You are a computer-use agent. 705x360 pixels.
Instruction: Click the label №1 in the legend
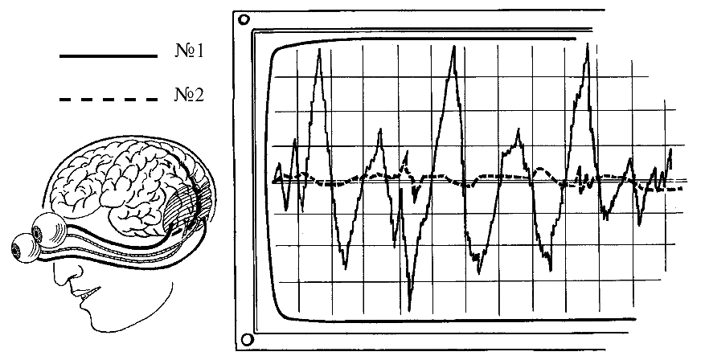coord(190,51)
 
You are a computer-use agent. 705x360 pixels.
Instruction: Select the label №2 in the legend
coord(190,96)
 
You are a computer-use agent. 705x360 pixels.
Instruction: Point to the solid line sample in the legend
coord(109,56)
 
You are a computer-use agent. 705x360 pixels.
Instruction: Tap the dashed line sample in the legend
coord(109,100)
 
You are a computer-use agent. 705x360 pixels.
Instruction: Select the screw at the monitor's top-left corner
coord(244,18)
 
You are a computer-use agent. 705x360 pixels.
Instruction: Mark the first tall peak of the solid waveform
coord(320,50)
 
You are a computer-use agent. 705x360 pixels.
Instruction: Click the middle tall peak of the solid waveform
coord(455,47)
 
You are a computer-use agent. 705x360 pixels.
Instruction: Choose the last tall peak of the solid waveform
coord(589,45)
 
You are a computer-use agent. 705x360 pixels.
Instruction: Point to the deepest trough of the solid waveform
coord(410,309)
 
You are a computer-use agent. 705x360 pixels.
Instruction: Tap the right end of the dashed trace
coord(682,189)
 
